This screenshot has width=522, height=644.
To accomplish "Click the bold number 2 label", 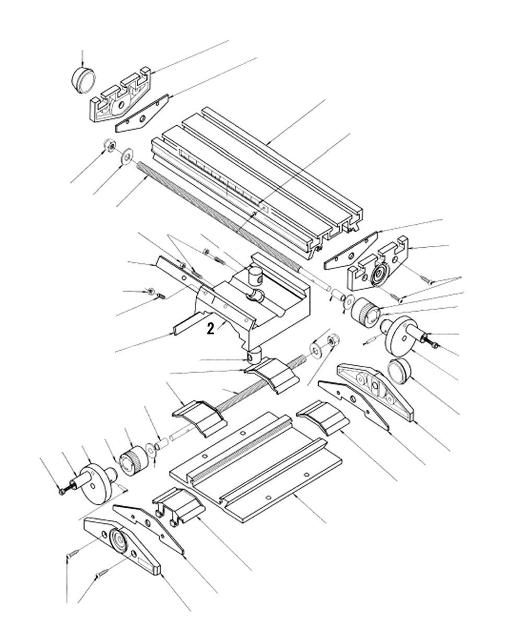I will tap(210, 328).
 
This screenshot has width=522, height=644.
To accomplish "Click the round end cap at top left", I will tap(84, 79).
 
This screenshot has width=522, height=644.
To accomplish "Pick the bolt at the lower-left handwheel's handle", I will tap(62, 491).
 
